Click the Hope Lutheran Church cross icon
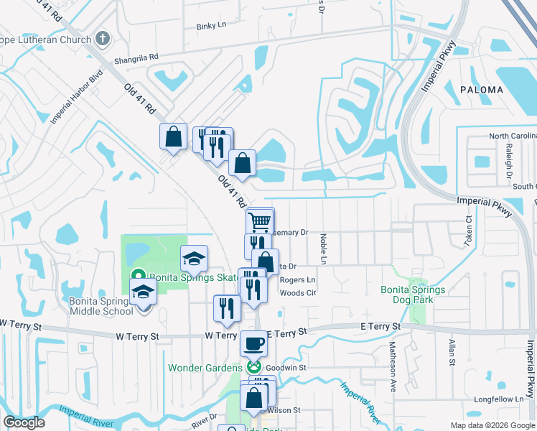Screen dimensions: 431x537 coord(103,39)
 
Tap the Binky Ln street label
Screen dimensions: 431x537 coord(211,25)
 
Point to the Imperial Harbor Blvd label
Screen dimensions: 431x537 coord(77,99)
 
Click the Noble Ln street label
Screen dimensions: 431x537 coord(323,248)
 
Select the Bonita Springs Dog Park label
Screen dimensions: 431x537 coord(413,295)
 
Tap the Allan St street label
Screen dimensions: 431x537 coord(452,356)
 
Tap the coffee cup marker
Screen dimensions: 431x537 coord(253,343)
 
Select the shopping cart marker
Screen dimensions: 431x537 coord(260,220)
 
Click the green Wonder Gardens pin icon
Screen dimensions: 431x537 coord(253,368)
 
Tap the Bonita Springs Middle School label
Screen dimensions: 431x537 coord(101,306)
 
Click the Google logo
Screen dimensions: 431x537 coord(24,422)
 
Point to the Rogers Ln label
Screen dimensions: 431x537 coord(297,279)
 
